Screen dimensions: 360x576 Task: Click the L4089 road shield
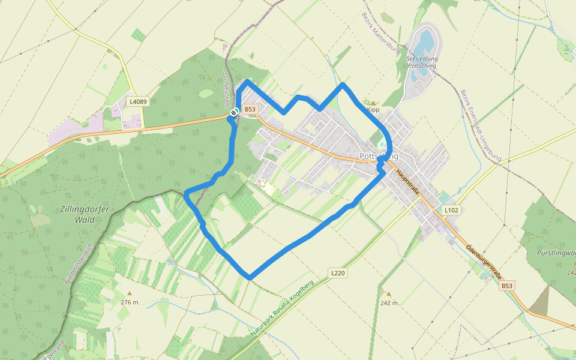point(138,101)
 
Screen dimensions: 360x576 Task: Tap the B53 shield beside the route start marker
point(250,109)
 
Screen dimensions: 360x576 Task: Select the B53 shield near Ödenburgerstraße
point(508,287)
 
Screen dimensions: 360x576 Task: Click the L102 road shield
point(451,211)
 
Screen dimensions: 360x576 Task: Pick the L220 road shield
point(338,273)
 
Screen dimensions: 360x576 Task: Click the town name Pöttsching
point(379,157)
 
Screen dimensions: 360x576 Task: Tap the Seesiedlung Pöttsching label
point(422,62)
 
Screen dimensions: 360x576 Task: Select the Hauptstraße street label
point(406,182)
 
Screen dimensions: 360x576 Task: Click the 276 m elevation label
point(129,302)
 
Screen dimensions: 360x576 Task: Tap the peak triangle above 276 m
point(127,293)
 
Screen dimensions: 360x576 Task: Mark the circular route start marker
point(234,112)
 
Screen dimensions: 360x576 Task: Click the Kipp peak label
point(373,110)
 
